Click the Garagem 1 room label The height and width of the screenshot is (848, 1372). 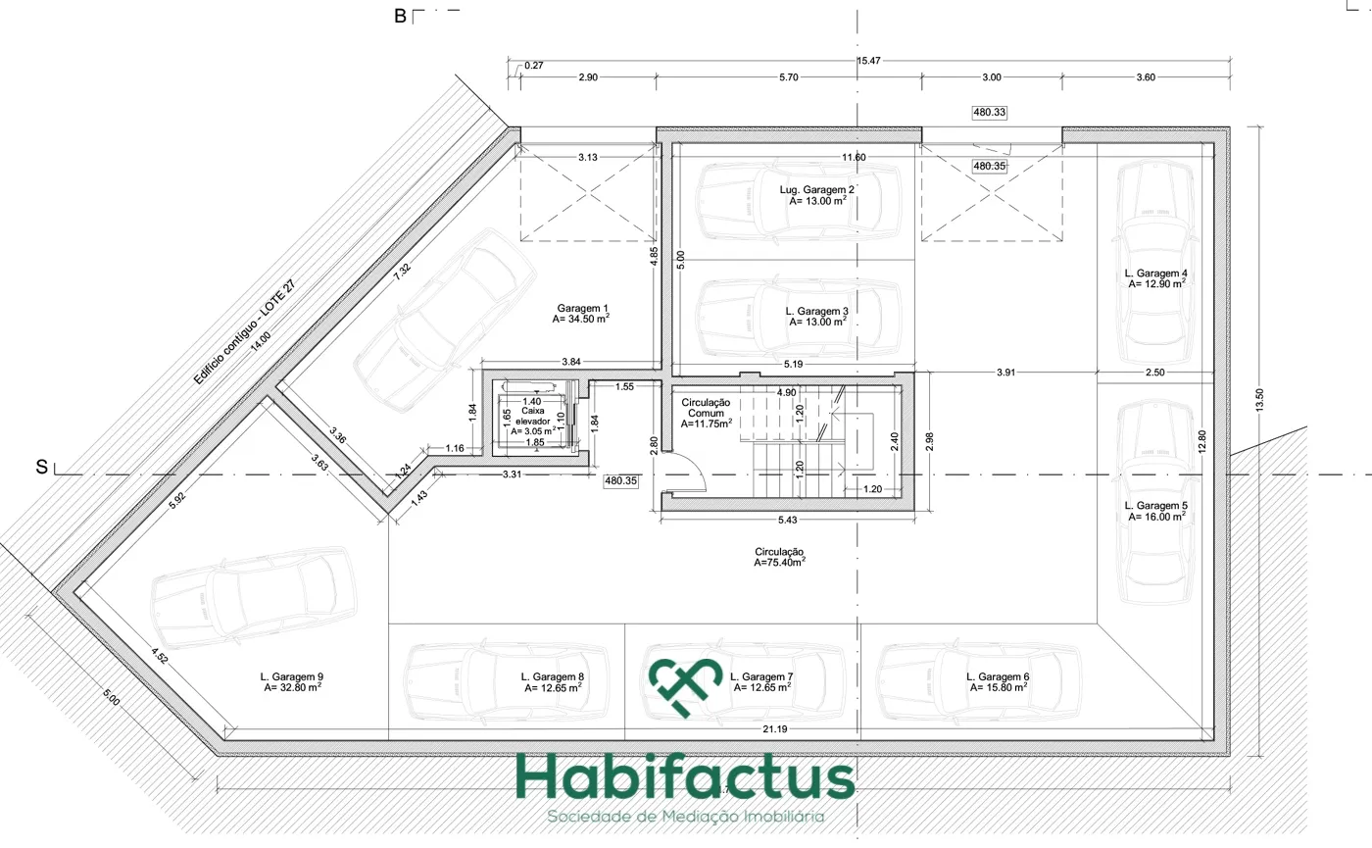(580, 313)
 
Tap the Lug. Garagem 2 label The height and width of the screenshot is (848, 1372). (817, 195)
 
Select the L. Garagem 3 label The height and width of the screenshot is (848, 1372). (817, 316)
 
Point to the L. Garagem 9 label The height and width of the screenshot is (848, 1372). (292, 682)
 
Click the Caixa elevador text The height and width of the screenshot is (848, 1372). (533, 416)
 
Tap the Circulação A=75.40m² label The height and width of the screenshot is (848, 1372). (779, 557)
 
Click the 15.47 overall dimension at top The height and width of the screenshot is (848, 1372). (868, 61)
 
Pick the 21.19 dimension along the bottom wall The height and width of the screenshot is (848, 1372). (775, 729)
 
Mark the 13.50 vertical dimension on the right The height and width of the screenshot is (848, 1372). (1259, 400)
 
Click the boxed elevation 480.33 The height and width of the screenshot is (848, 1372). (990, 112)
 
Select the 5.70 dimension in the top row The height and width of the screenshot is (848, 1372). (789, 77)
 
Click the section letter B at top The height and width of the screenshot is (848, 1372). (400, 17)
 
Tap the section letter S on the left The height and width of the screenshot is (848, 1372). (41, 468)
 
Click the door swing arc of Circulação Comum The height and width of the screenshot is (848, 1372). (698, 467)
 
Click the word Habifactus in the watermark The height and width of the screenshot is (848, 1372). (685, 776)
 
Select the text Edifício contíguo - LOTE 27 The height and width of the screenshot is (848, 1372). (244, 332)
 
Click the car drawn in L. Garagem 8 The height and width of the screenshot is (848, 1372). (506, 681)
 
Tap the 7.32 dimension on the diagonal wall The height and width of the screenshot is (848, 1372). (402, 272)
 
